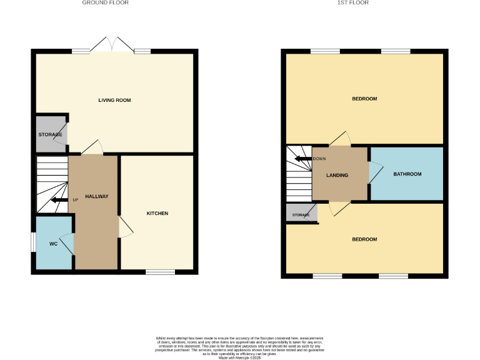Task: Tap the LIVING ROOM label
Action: [114, 100]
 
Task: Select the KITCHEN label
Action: [157, 214]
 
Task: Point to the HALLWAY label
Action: [96, 196]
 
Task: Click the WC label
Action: [53, 244]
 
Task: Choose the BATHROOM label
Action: [407, 174]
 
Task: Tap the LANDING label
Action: [337, 175]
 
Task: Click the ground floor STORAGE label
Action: [50, 135]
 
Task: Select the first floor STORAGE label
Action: [301, 215]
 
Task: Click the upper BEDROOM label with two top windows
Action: [364, 99]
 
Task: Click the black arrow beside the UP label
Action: [59, 200]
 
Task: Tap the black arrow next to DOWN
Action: [303, 159]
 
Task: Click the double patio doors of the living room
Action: [112, 45]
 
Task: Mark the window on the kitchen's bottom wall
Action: [161, 272]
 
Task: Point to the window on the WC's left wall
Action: [33, 242]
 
